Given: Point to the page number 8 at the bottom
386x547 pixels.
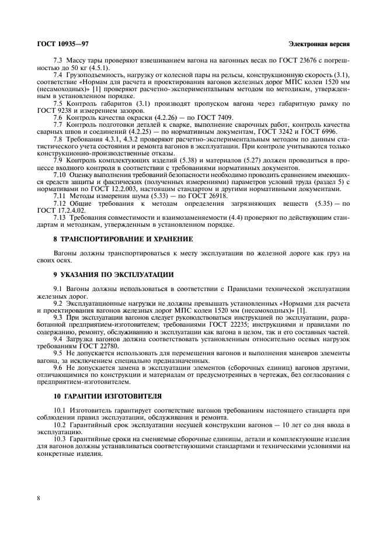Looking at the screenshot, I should coord(38,498).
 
